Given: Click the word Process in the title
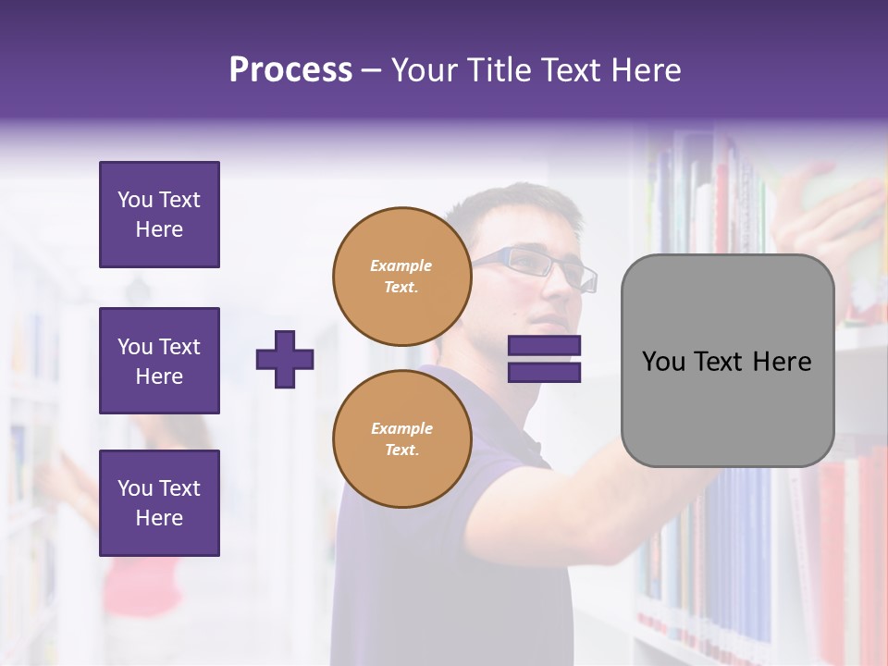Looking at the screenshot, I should [x=290, y=70].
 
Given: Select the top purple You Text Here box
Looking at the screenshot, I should [x=159, y=215].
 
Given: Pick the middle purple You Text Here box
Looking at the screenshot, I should [x=159, y=361].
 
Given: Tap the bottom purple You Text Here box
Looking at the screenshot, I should [x=159, y=502].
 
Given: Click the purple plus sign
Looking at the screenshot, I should [x=285, y=359].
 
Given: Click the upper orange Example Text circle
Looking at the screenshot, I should [x=401, y=276].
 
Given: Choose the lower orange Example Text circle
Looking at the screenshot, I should [x=401, y=438].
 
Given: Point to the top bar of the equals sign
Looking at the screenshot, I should [x=544, y=346].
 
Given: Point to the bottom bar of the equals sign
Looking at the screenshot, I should [x=544, y=372].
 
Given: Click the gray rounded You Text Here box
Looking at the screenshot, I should [x=727, y=361].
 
